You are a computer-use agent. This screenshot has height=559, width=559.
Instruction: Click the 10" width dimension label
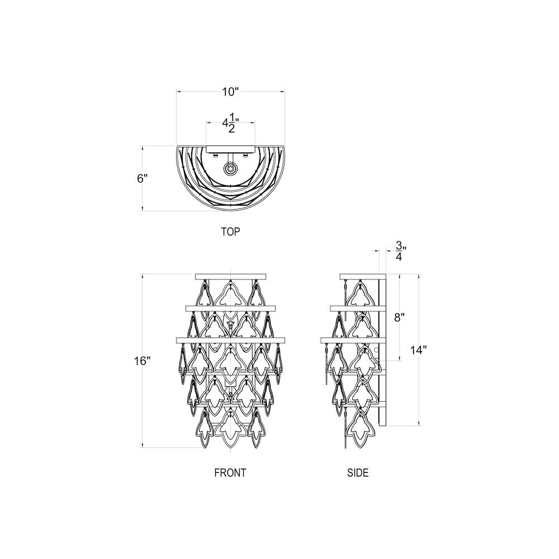(230, 92)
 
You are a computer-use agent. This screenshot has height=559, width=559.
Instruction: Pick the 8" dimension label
(399, 318)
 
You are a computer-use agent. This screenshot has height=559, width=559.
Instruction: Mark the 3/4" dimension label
(399, 251)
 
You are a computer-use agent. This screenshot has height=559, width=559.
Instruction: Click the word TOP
(230, 231)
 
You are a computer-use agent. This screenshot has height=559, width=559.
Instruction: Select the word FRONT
(230, 472)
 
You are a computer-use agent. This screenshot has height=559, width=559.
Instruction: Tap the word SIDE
(358, 472)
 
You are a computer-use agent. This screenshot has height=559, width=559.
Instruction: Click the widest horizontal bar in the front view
(230, 339)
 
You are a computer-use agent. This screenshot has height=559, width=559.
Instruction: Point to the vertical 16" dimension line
(143, 391)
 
